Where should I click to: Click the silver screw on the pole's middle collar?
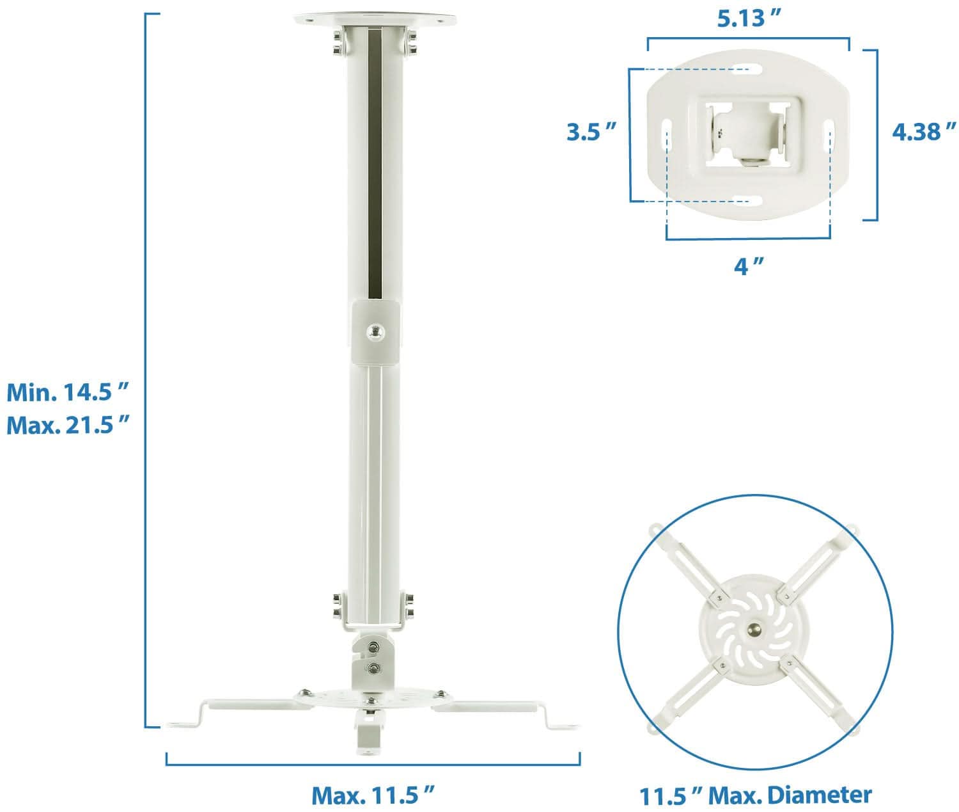point(375,331)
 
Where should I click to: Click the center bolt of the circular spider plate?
point(755,630)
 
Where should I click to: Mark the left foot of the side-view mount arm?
point(185,724)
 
